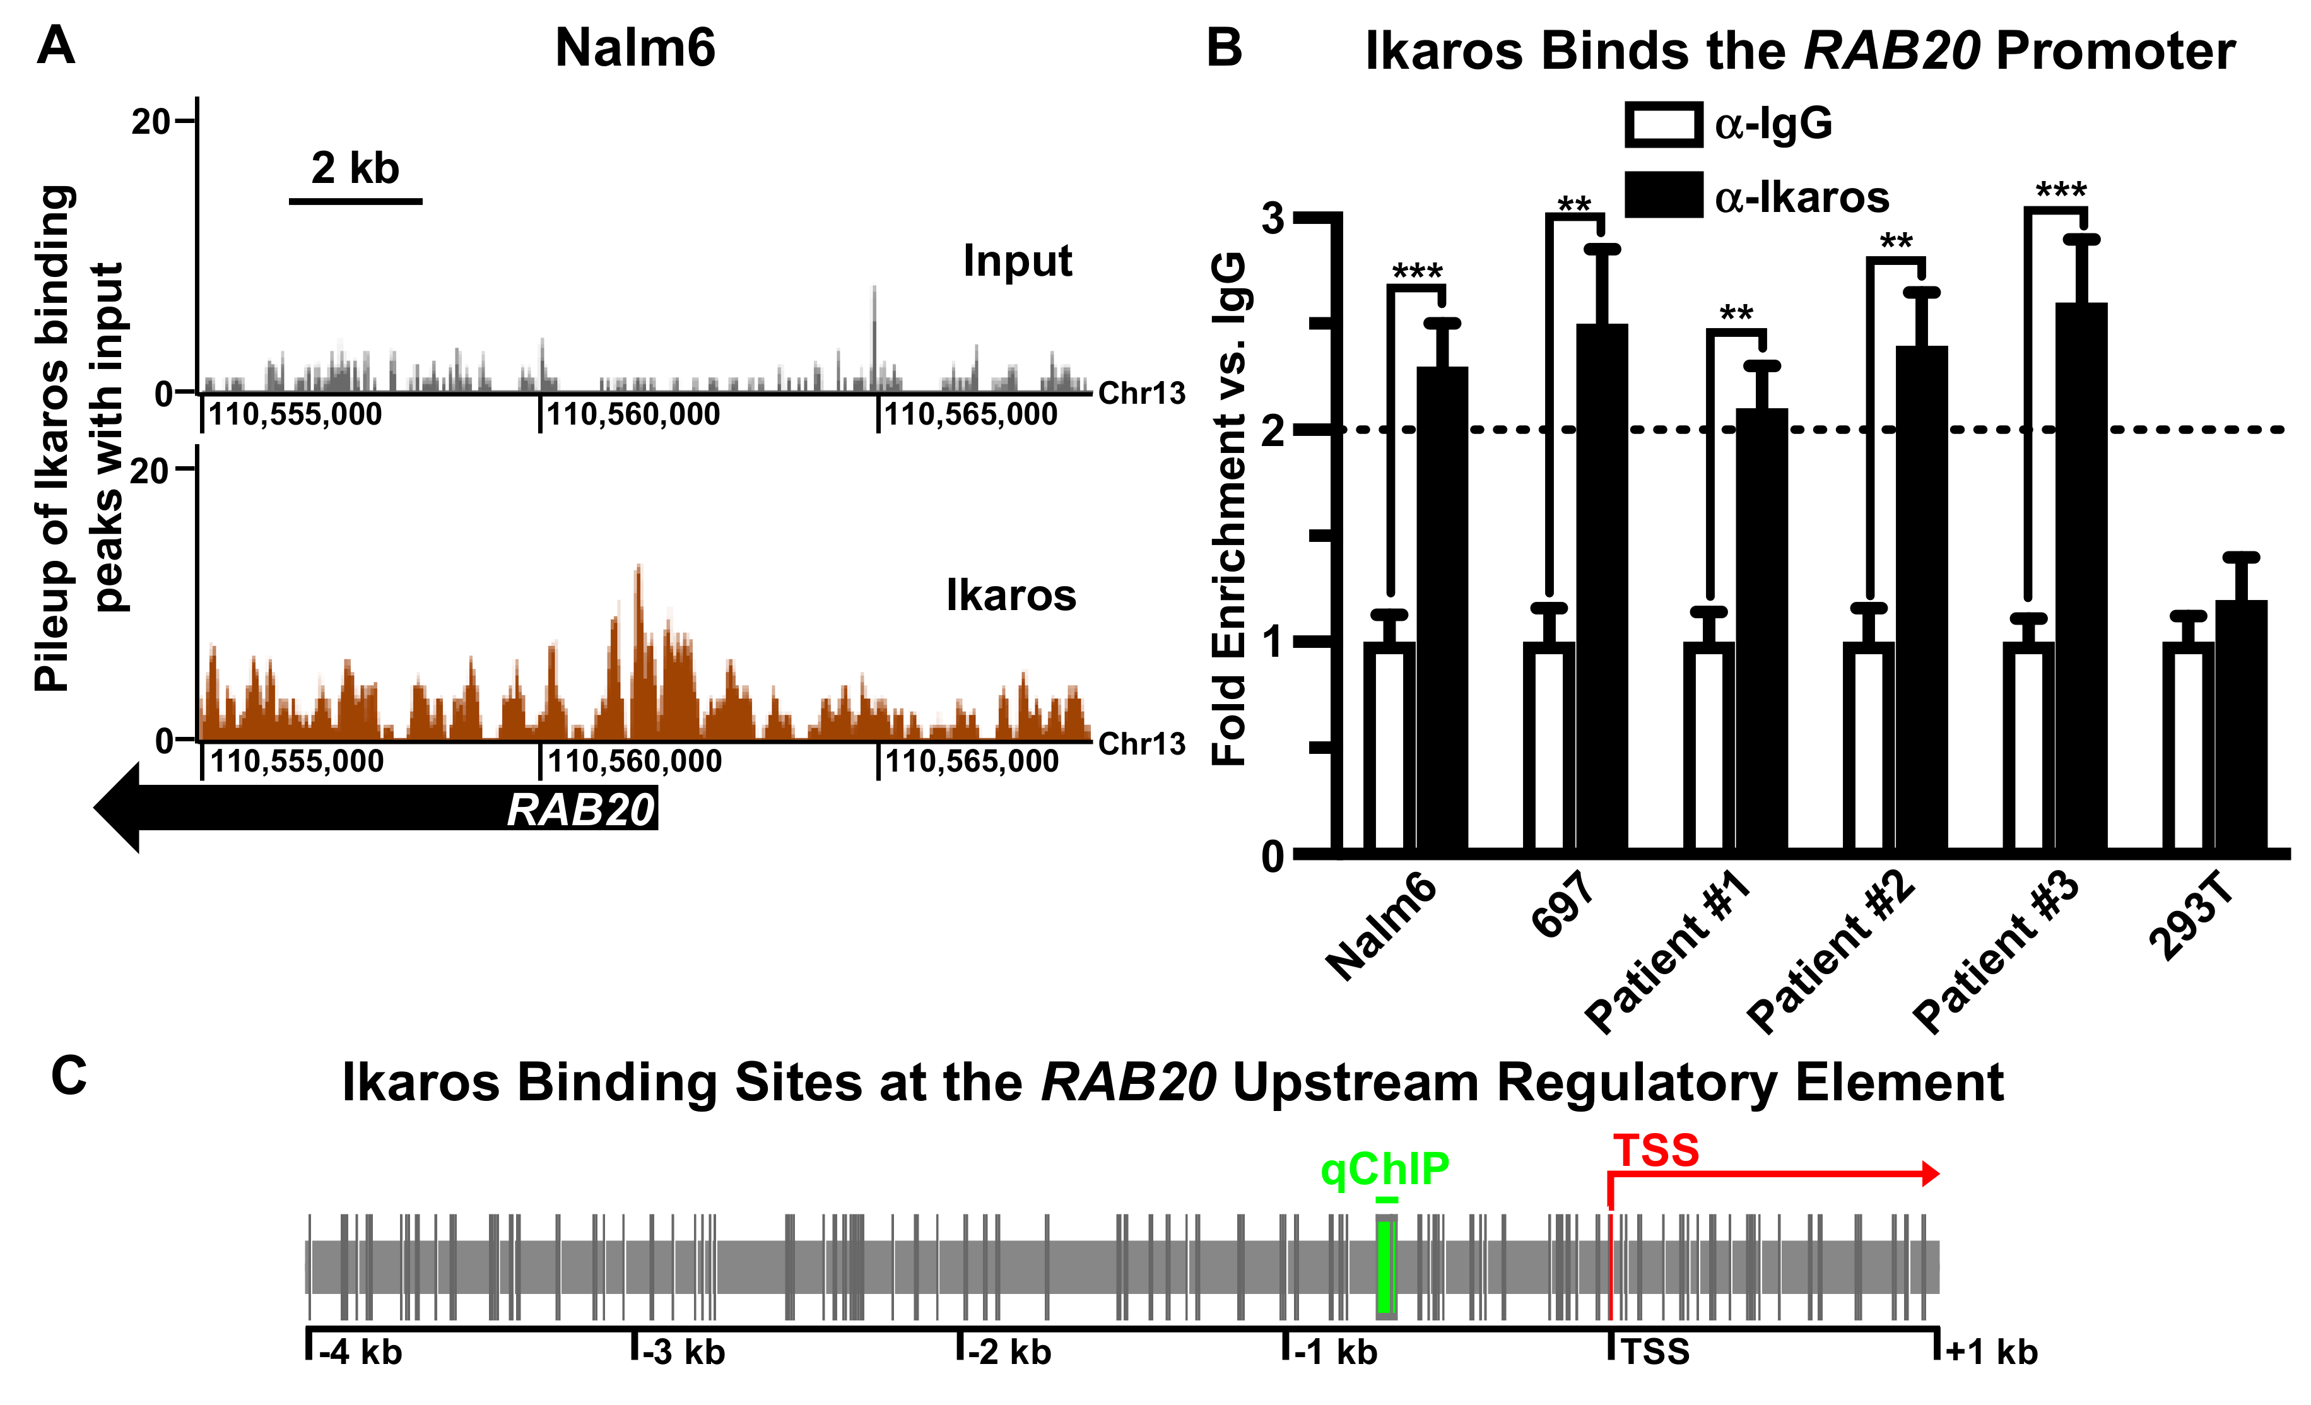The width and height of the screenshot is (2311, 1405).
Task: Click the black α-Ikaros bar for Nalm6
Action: [1442, 609]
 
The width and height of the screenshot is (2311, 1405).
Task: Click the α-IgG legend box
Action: [1663, 125]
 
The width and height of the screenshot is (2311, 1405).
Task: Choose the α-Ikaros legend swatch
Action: [1663, 195]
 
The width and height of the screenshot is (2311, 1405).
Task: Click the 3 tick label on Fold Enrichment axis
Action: [1273, 218]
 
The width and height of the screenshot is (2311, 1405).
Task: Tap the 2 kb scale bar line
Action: [355, 201]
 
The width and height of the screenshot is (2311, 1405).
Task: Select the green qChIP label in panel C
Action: [1384, 1168]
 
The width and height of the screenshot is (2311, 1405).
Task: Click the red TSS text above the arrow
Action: [1655, 1150]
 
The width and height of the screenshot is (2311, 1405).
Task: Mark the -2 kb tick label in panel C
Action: [1009, 1353]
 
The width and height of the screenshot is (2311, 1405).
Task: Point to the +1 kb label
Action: [1991, 1353]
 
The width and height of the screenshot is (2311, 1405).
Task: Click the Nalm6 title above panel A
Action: [635, 48]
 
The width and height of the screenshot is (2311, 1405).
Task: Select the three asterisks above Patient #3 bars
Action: [2061, 191]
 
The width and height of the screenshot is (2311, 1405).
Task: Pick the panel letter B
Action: [1224, 47]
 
